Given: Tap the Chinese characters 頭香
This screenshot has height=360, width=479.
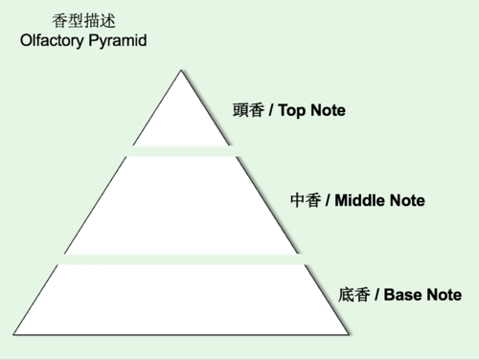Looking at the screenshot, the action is [x=247, y=111].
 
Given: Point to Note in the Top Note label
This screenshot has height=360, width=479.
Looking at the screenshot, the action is [x=328, y=111].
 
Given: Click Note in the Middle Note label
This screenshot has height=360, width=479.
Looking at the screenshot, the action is [x=406, y=202].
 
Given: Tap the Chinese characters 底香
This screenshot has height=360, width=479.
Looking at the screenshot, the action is [x=354, y=295].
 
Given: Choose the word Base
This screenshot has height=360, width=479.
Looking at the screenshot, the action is [x=403, y=295].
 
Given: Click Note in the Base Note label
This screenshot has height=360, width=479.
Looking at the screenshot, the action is [x=445, y=295].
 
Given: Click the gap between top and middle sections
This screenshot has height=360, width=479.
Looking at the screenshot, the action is [x=181, y=150].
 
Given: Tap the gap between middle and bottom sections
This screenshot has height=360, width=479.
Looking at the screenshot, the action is [x=181, y=259].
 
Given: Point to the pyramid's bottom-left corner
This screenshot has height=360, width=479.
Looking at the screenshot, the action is [x=14, y=335].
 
